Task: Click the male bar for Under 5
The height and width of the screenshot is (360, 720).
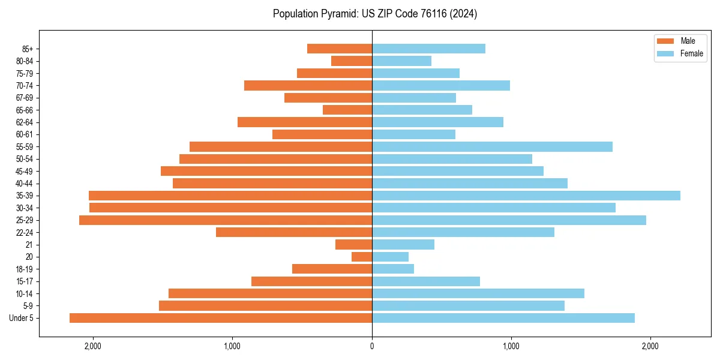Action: point(221,318)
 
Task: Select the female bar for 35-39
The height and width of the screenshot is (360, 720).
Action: point(526,196)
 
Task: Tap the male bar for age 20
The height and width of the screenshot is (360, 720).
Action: point(362,257)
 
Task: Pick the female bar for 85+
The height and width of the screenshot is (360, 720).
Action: point(428,49)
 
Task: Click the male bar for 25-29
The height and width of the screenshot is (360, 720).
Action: point(226,220)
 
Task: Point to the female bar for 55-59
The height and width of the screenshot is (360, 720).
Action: point(492,146)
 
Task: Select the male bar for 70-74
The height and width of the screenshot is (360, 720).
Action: point(308,85)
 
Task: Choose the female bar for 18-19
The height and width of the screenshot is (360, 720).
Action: point(393,269)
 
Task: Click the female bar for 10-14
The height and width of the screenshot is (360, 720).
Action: point(478,293)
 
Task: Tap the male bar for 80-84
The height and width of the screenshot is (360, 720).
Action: point(352,61)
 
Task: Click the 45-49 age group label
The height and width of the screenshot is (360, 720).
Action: point(25,171)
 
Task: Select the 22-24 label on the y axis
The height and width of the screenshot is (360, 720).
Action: point(25,232)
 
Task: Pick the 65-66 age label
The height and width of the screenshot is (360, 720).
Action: point(25,110)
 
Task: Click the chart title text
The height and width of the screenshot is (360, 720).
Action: point(375,14)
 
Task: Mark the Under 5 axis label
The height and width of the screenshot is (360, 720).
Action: point(22,318)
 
